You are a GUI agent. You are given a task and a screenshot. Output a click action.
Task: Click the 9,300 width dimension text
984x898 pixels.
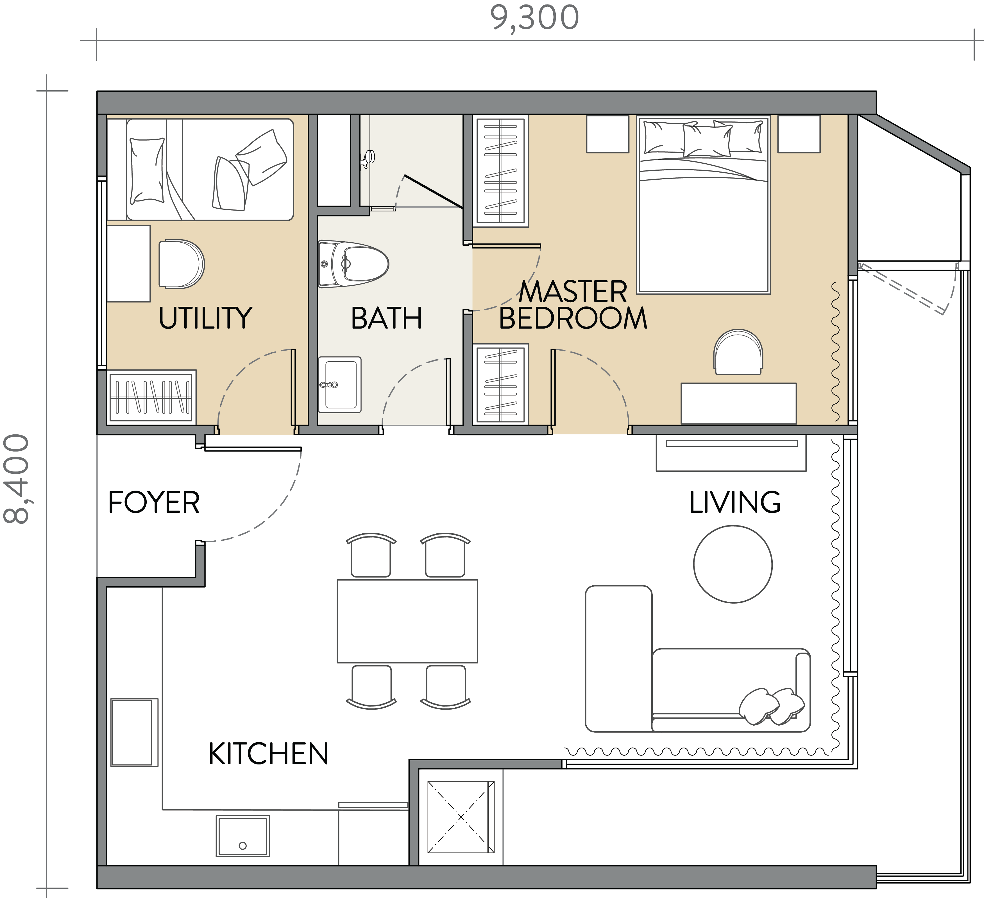tap(534, 18)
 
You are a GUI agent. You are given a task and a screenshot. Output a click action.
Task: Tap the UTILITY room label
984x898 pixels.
tap(205, 318)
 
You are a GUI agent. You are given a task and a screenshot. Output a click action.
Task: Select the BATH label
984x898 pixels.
tap(386, 318)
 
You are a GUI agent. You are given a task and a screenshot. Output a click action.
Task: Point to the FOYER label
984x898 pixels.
tap(154, 502)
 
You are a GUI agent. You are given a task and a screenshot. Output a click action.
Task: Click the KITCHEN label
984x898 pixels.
tap(268, 753)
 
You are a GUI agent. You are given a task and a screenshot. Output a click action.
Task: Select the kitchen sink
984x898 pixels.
tap(242, 836)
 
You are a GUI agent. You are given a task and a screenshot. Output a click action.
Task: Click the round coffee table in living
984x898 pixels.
tap(733, 565)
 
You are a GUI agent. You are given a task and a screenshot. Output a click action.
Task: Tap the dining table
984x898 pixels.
tap(407, 621)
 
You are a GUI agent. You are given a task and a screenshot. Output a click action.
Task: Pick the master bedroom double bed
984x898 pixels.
tap(703, 205)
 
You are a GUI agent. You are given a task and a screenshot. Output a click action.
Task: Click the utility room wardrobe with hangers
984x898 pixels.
tap(151, 396)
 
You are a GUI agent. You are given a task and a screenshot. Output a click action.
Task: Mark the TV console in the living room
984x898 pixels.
tap(731, 453)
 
